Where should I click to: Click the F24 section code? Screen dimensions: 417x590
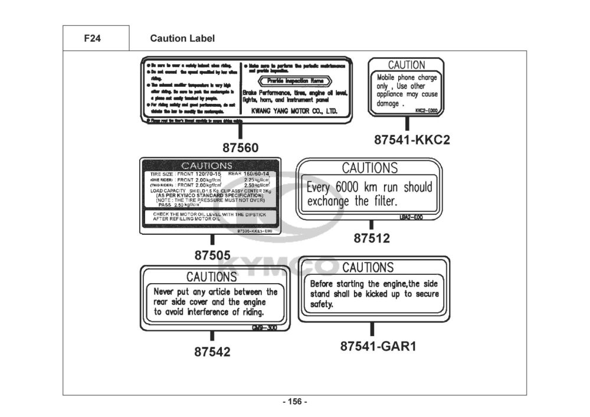coord(93,39)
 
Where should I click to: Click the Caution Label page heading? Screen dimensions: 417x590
coord(182,39)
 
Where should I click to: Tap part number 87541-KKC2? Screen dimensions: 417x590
coord(412,140)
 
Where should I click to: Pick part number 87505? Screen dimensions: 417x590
coord(212,256)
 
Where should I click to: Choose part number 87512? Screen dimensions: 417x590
coord(372,239)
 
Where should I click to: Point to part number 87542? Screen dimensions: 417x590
coord(212,352)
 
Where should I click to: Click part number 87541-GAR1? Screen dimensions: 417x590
coord(378,346)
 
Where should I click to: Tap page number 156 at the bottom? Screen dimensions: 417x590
coord(295,402)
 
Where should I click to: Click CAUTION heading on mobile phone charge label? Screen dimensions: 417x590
coord(406,65)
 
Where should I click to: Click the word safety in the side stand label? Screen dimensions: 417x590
coord(322,305)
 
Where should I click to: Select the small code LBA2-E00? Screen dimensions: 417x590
coord(411,218)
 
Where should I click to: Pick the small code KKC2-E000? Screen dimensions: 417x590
coord(426,110)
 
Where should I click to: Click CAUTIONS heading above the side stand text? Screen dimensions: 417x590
coord(368,268)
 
